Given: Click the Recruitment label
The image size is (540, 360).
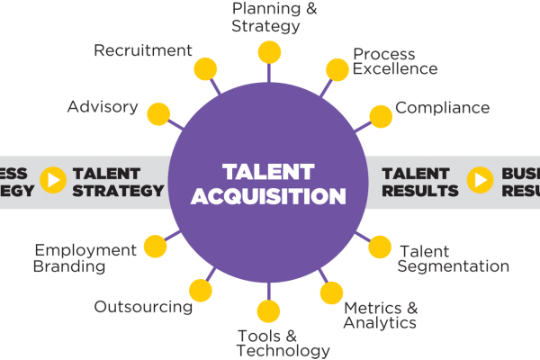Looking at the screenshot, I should pyautogui.click(x=143, y=50).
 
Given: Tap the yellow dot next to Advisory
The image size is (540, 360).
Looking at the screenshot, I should pyautogui.click(x=159, y=113).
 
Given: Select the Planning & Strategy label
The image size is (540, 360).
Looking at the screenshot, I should pyautogui.click(x=267, y=16).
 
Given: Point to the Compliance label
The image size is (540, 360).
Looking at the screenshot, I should pyautogui.click(x=443, y=108).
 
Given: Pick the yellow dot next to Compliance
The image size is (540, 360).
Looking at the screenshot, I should pyautogui.click(x=381, y=113).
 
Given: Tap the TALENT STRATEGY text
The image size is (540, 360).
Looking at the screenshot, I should pyautogui.click(x=119, y=182).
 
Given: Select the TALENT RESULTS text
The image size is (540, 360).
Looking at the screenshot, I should pyautogui.click(x=420, y=182).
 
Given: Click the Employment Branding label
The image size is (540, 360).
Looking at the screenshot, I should pyautogui.click(x=85, y=257).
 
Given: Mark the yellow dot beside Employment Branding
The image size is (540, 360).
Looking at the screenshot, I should pyautogui.click(x=156, y=246).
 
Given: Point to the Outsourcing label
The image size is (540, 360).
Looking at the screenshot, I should pyautogui.click(x=143, y=307).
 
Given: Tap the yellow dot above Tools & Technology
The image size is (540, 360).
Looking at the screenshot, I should pyautogui.click(x=268, y=311).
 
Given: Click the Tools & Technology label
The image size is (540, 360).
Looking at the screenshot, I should pyautogui.click(x=283, y=343).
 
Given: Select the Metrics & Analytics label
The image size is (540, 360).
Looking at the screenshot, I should pyautogui.click(x=381, y=314).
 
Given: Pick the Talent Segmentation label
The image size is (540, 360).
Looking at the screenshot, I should pyautogui.click(x=453, y=258).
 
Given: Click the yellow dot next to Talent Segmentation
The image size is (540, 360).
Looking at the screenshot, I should pyautogui.click(x=381, y=247).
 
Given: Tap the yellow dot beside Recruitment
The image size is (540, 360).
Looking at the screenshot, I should pyautogui.click(x=207, y=69).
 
